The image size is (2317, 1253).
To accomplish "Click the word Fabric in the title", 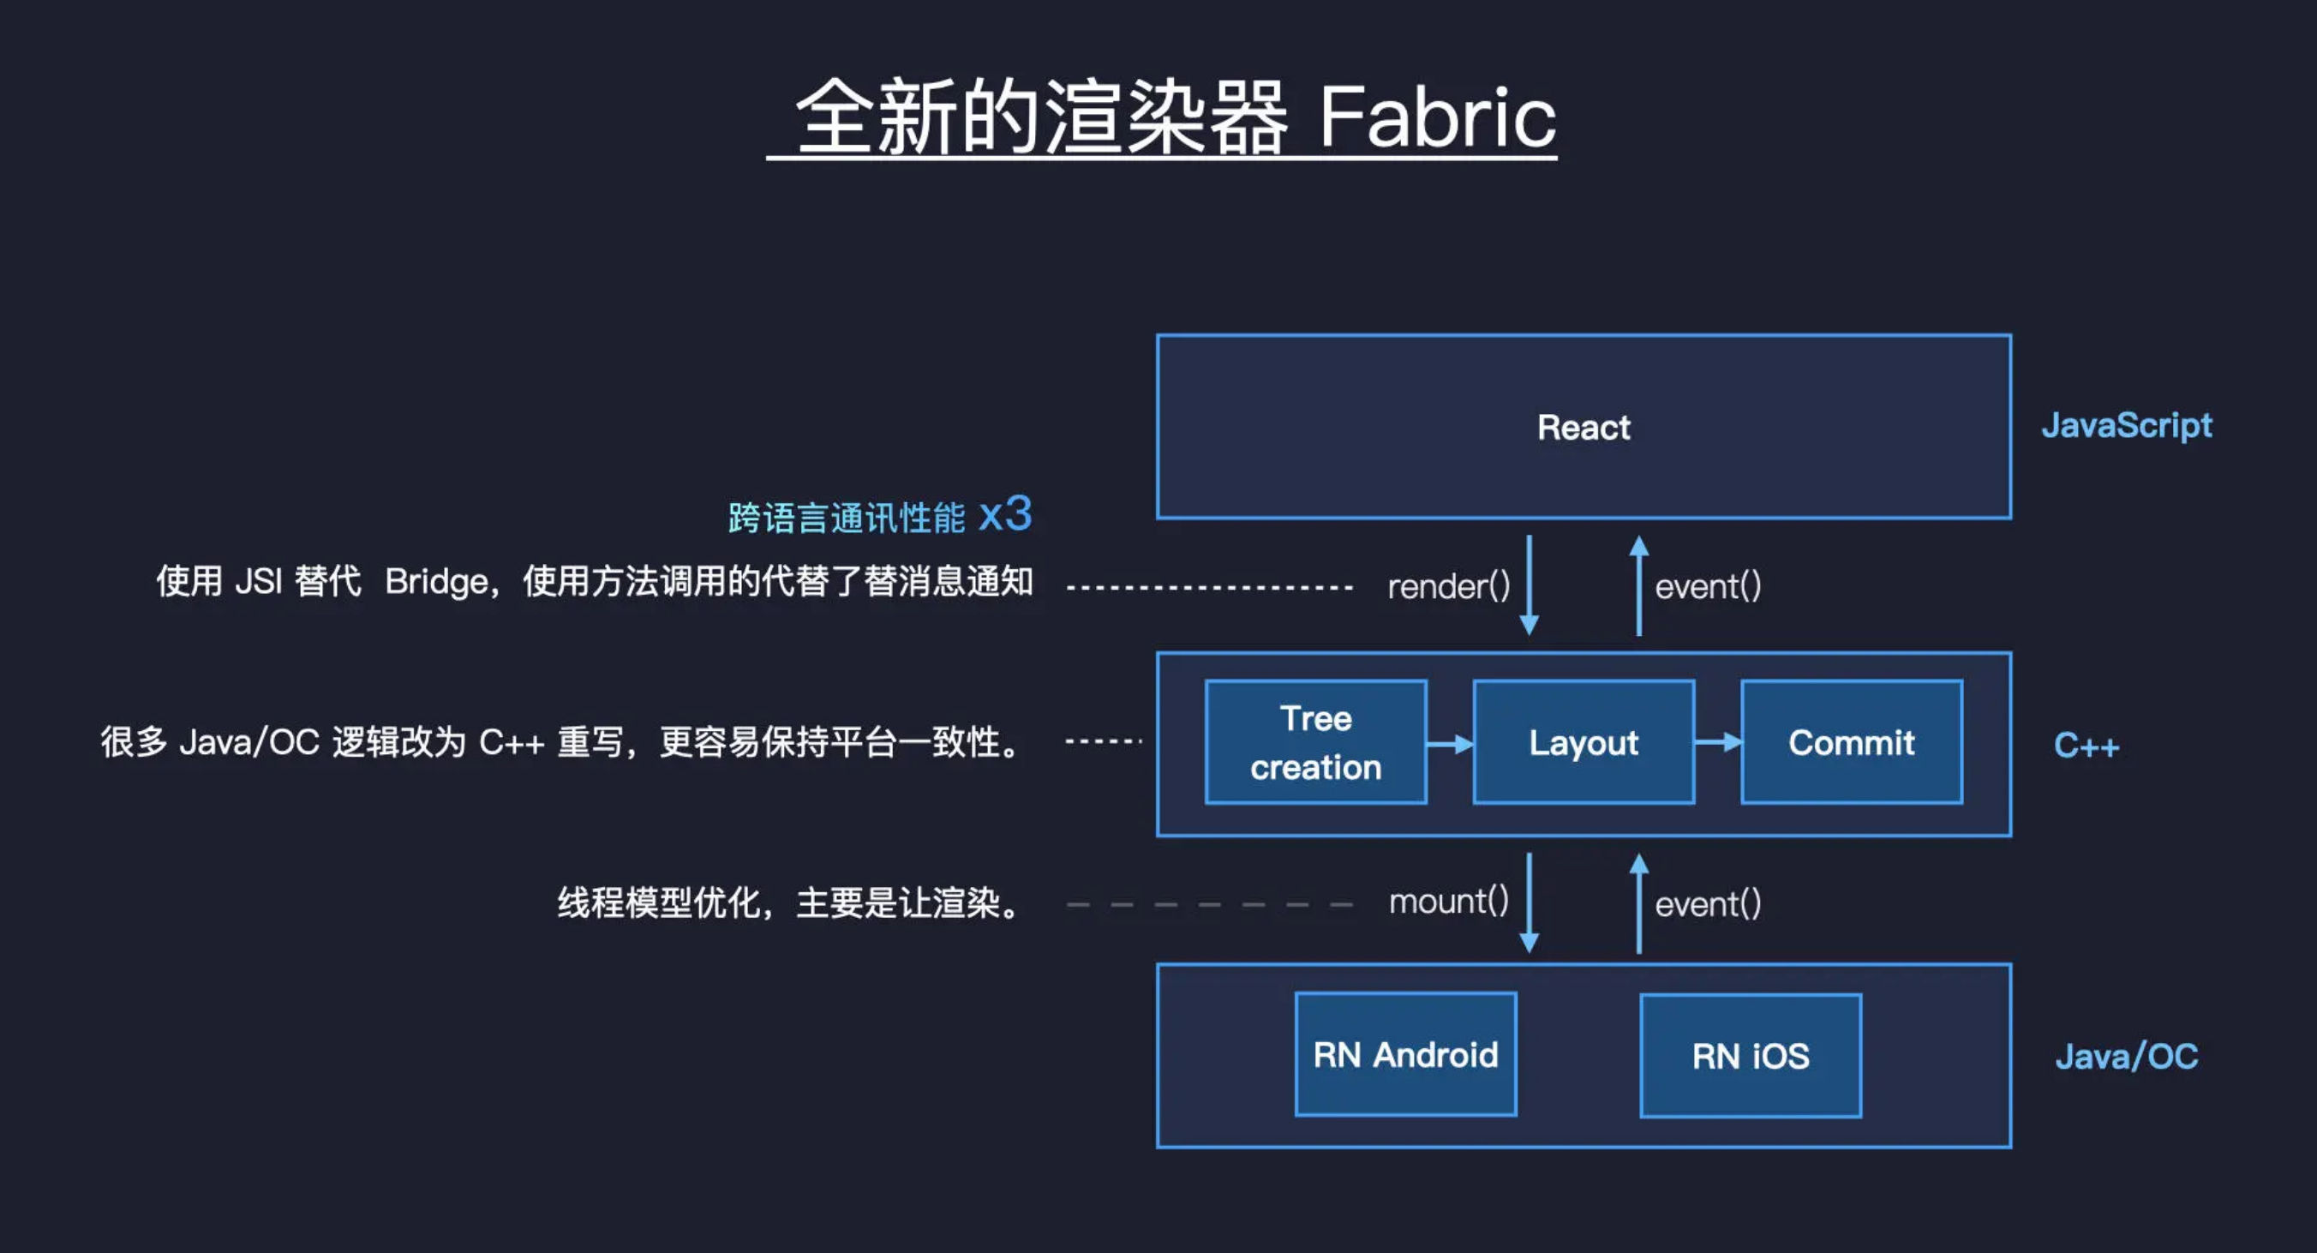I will (1436, 117).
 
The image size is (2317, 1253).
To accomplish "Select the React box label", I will (1583, 428).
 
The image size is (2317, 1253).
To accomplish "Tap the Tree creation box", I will (1315, 742).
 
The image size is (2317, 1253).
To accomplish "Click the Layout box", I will (1583, 742).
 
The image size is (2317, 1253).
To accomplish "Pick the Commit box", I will (1851, 742).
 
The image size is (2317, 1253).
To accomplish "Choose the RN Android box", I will (1405, 1054).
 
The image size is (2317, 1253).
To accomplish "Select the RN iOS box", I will (1751, 1055).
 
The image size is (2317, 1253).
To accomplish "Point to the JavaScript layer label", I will (2126, 425).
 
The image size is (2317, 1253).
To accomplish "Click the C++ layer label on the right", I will (2086, 746).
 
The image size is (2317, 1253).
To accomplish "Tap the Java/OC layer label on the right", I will (2126, 1056).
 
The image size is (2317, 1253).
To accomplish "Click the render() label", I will (1448, 586).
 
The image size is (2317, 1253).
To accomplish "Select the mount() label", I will (1448, 902).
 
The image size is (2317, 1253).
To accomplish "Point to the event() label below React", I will (1708, 586).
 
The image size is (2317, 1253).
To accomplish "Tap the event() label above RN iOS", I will (1708, 904).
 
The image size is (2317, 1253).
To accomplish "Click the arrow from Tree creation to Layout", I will (1450, 743).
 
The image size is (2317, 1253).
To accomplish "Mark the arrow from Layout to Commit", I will (1718, 742).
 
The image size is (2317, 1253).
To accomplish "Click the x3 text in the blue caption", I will (1005, 515).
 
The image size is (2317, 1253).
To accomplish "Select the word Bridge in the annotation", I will (436, 582).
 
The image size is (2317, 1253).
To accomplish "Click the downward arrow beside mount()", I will (1528, 902).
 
